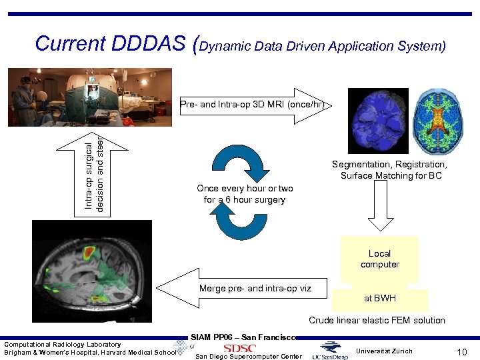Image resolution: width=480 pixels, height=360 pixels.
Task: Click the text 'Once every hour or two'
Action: click(245, 189)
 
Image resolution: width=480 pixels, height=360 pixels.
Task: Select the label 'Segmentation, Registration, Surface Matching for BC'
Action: click(390, 170)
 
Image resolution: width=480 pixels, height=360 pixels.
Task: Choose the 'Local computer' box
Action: click(379, 259)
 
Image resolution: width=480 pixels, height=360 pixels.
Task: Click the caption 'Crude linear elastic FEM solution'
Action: click(377, 321)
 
